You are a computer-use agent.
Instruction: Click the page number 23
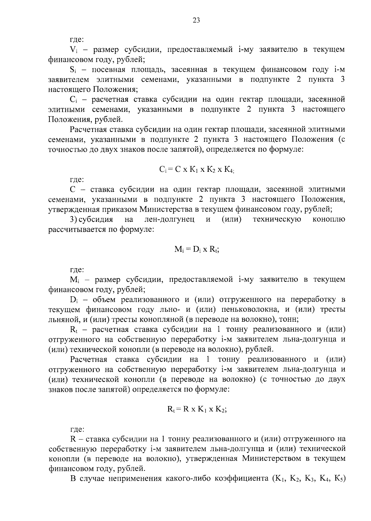point(196,20)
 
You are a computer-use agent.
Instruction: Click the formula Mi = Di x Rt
point(196,250)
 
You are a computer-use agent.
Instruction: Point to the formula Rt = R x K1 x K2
point(197,409)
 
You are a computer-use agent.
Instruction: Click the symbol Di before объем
point(74,299)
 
